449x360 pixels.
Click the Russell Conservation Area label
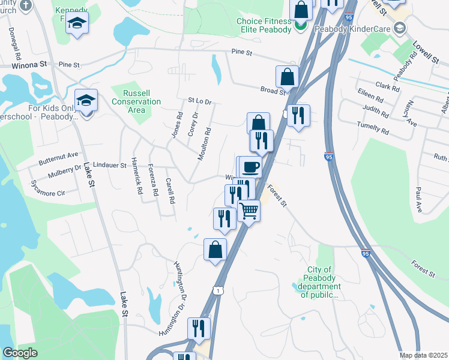(x=137, y=101)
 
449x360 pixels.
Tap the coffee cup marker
(x=250, y=166)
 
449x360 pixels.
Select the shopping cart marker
(x=249, y=211)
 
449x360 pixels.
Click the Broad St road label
(x=273, y=91)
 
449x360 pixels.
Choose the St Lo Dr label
(x=200, y=101)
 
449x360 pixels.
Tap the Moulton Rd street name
(x=205, y=143)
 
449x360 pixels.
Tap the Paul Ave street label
(x=417, y=199)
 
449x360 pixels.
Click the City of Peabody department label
(x=319, y=282)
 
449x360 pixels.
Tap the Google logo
(x=20, y=353)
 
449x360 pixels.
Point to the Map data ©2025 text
(x=423, y=355)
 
